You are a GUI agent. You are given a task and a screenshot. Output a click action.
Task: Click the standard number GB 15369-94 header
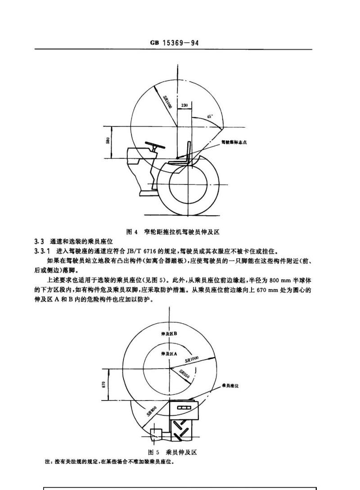click(174, 43)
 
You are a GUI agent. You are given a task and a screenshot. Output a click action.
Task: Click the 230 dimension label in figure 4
click(184, 105)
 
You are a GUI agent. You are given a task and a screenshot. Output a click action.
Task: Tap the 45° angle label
click(210, 116)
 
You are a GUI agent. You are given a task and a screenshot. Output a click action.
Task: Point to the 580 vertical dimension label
click(107, 141)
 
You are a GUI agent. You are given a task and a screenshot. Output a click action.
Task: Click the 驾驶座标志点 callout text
click(234, 142)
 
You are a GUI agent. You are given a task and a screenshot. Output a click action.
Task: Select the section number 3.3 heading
click(39, 241)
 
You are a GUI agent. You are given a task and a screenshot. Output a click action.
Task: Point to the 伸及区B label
click(169, 334)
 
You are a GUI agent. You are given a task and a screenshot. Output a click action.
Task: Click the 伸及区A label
click(169, 353)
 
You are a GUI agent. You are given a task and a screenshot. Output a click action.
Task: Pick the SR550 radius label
click(184, 374)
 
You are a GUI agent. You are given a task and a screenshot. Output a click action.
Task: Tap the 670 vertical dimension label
click(103, 384)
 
